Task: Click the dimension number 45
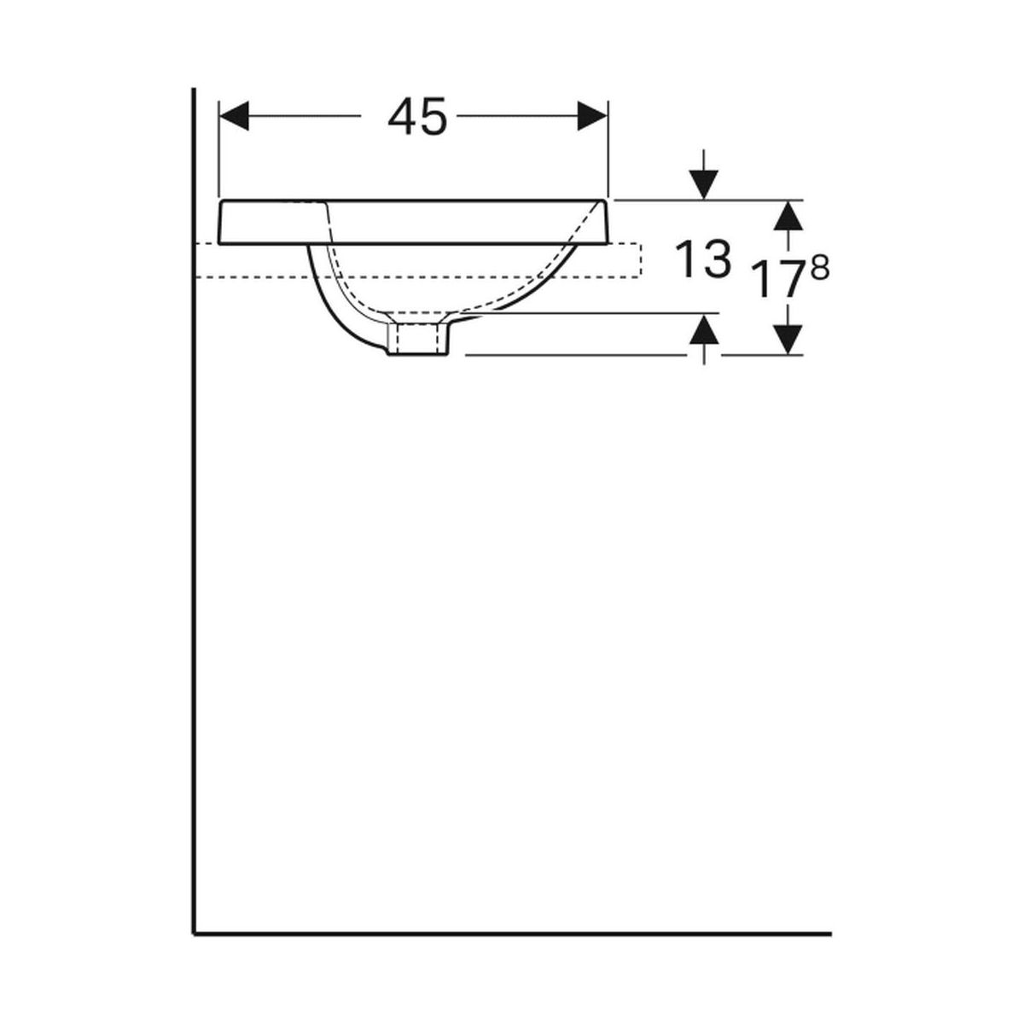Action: (x=417, y=116)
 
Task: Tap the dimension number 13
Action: (x=703, y=259)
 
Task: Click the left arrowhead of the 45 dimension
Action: (x=234, y=115)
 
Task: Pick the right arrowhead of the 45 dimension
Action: (x=592, y=115)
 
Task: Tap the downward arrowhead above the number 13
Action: (x=703, y=185)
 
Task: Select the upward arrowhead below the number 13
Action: (x=703, y=329)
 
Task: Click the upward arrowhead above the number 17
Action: (x=788, y=215)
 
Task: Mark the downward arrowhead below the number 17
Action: (x=788, y=340)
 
